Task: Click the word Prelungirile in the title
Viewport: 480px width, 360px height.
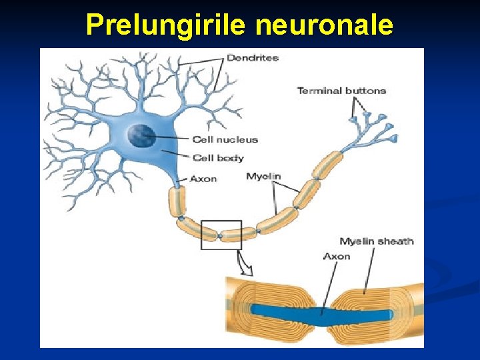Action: pos(167,25)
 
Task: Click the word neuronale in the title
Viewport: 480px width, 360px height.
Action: pos(324,25)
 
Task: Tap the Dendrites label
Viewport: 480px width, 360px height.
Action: pos(252,58)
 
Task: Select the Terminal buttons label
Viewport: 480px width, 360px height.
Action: pos(341,91)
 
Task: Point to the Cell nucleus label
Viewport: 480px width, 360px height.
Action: pos(225,139)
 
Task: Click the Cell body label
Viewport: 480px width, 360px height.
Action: pos(218,158)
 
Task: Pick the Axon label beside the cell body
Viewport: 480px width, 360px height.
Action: pos(203,179)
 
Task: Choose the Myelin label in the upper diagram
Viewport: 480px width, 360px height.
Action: pos(263,176)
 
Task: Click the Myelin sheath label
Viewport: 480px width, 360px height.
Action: pos(377,241)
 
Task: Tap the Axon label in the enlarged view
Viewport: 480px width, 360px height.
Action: pos(337,256)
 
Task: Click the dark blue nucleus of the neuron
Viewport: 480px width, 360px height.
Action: pos(141,136)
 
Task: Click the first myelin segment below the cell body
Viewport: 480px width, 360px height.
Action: pos(177,201)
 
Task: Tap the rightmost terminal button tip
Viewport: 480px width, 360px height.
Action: pos(394,139)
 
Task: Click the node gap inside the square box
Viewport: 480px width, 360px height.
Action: pos(220,235)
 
